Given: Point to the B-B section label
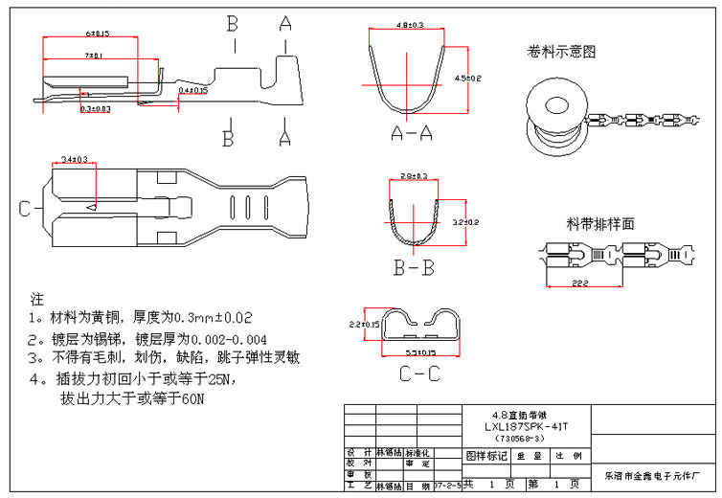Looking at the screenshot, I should pyautogui.click(x=414, y=268).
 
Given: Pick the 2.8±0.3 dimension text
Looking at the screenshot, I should pyautogui.click(x=414, y=176).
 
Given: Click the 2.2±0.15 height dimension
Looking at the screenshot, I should pyautogui.click(x=365, y=324).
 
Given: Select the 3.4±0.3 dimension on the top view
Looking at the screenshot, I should pyautogui.click(x=75, y=158).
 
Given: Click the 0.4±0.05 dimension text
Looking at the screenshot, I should pyautogui.click(x=193, y=89).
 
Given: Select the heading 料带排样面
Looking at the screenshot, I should pyautogui.click(x=600, y=224).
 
